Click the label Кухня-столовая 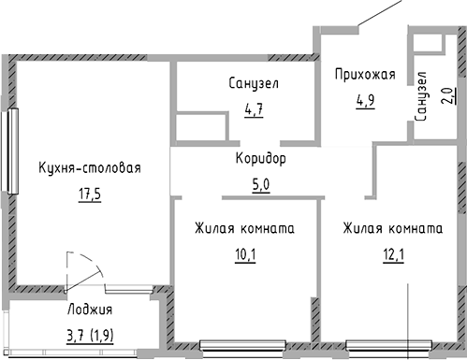90,168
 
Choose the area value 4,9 365,101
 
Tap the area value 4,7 254,109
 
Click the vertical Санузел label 421,96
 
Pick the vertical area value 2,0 445,96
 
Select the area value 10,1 245,252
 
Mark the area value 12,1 392,252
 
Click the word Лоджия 90,311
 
